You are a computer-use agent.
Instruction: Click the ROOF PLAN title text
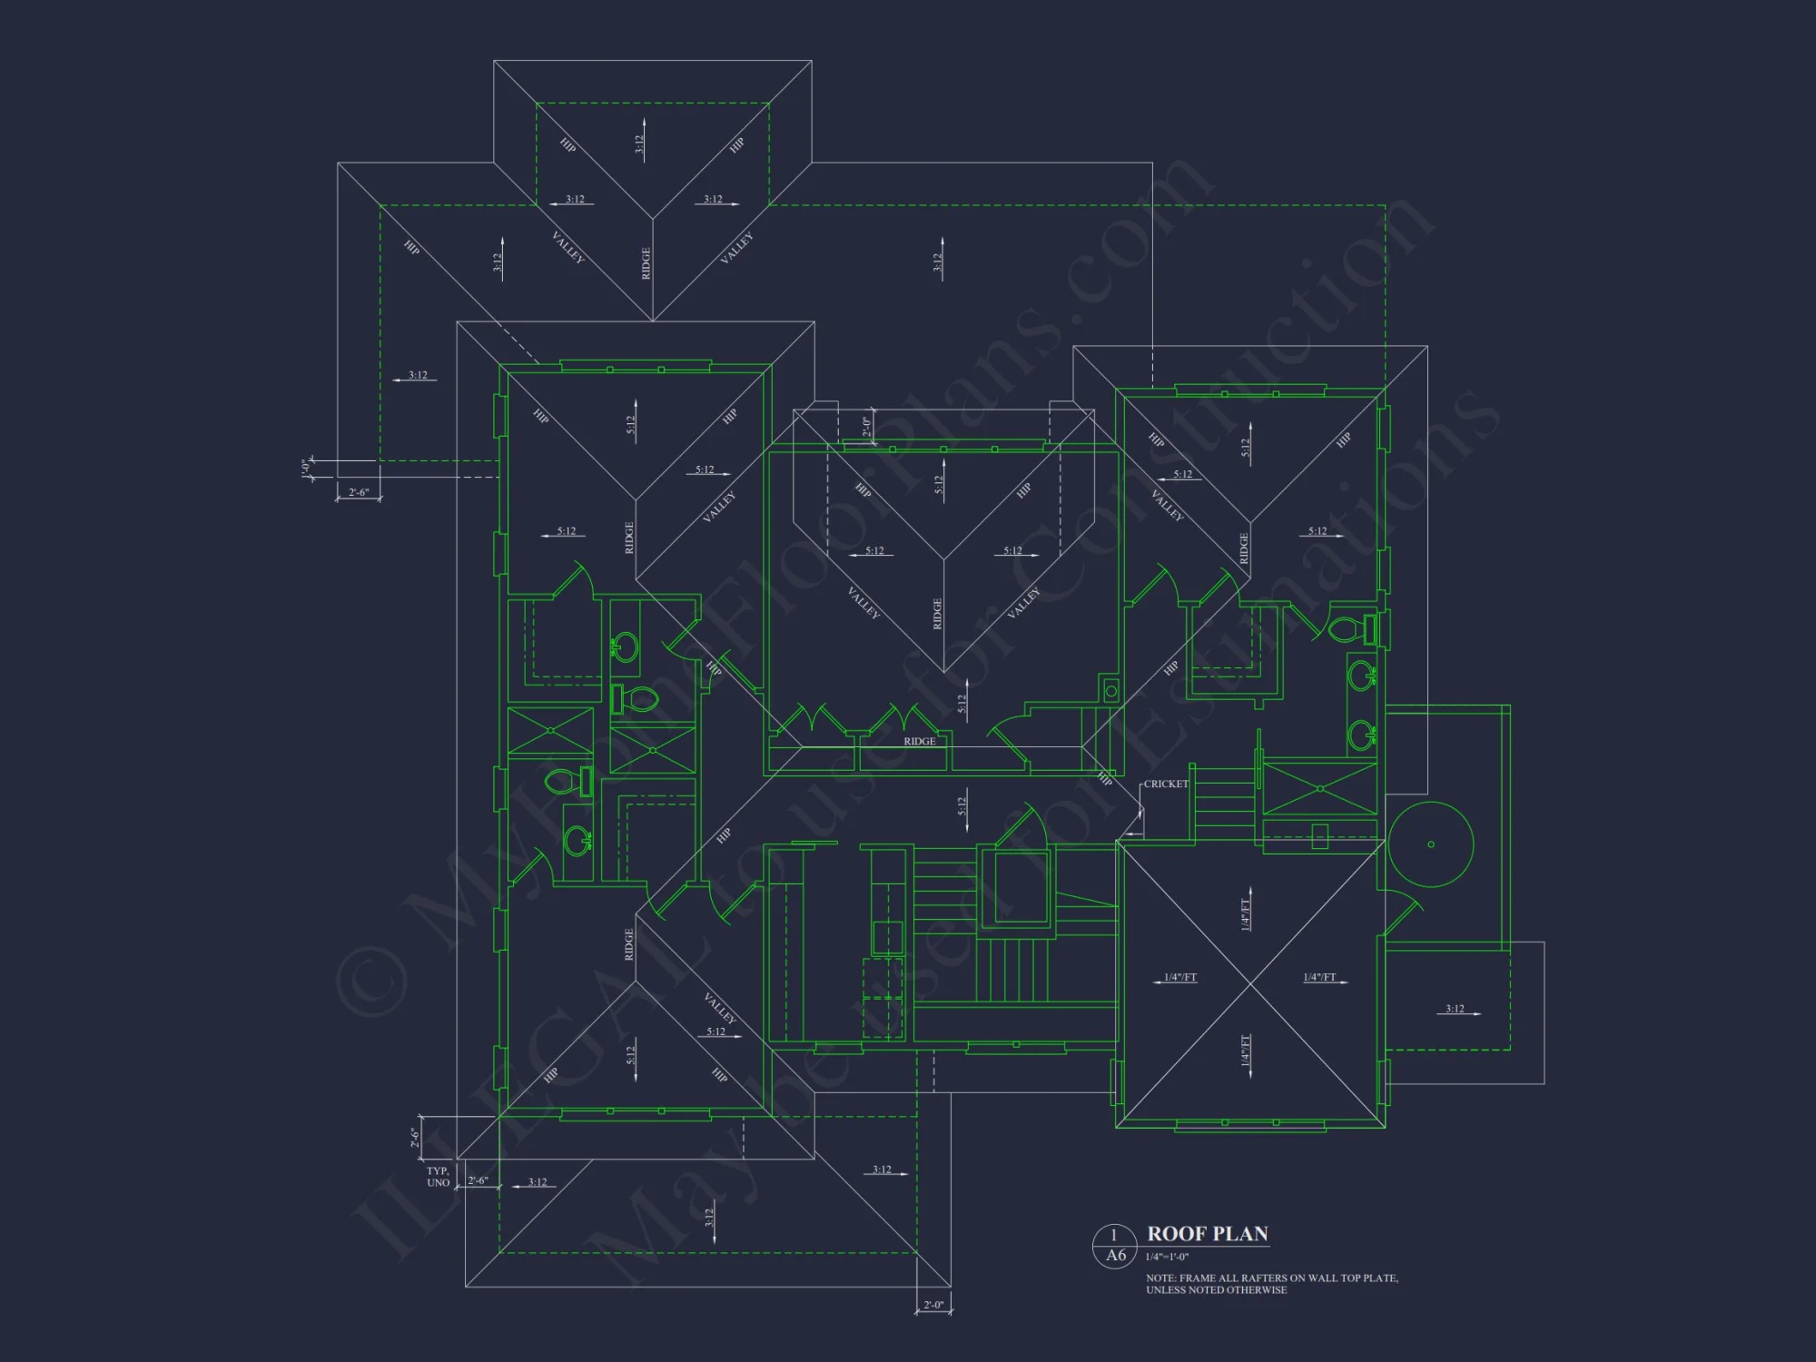tap(1207, 1234)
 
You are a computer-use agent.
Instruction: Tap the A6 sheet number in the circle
tap(1115, 1256)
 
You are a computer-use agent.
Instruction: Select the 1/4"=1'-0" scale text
tap(1167, 1258)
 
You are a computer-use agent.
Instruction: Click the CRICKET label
tap(1166, 785)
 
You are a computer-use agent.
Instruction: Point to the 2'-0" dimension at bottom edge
tap(933, 1306)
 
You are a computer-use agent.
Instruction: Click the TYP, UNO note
tap(438, 1177)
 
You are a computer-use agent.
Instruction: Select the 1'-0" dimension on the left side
tap(306, 469)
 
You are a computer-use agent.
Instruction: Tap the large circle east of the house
tap(1430, 844)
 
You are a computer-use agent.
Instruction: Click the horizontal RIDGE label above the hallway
tap(919, 742)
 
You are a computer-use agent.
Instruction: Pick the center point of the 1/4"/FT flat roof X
tap(1250, 983)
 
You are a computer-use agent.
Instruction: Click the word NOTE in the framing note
tap(1160, 1278)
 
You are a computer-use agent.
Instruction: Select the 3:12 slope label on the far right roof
tap(1455, 1009)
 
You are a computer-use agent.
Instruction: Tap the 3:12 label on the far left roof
tap(417, 375)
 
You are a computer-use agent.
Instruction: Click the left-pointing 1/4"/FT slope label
tap(1179, 978)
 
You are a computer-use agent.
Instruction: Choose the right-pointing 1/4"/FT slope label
tap(1319, 978)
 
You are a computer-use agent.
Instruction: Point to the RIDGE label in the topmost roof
tap(646, 263)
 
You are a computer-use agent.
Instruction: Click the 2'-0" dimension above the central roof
tap(866, 427)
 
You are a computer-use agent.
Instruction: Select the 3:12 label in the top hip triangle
tap(639, 143)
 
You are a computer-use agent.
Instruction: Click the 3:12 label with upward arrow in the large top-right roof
tap(938, 262)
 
